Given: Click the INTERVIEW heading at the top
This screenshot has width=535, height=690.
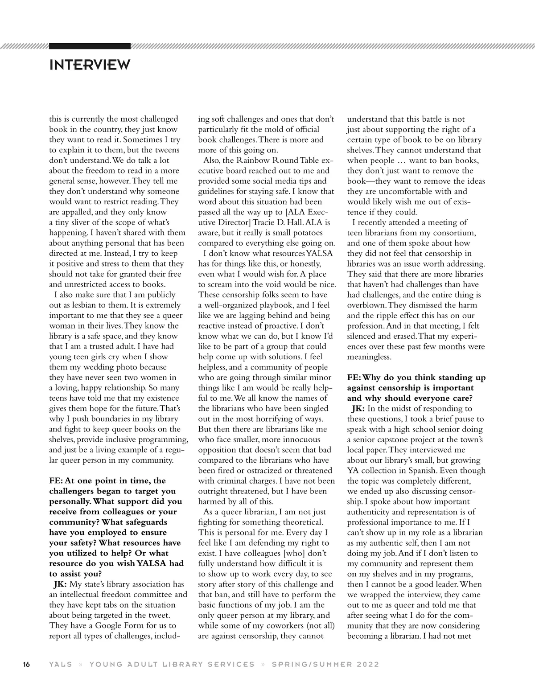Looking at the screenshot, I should pos(90,65).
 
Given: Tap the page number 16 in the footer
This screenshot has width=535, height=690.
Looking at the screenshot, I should pos(26,665).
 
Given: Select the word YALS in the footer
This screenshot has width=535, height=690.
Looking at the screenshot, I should pos(60,665).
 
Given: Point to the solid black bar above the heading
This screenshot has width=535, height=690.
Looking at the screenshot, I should pos(90,46).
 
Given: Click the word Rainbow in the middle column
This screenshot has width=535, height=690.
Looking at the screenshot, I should pos(251,160).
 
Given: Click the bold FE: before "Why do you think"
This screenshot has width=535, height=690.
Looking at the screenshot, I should pos(355,378).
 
